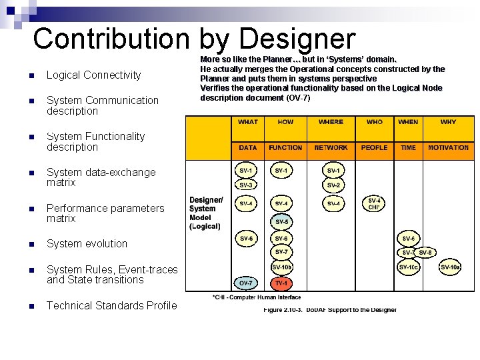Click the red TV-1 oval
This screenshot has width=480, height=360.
pos(281,283)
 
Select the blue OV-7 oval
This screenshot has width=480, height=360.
pos(246,283)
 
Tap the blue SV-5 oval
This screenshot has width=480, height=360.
pos(281,221)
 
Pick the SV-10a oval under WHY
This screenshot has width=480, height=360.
pos(450,267)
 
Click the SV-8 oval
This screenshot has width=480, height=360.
pos(426,252)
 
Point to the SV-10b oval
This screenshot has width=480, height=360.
pos(281,267)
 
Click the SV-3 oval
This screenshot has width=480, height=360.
pos(246,185)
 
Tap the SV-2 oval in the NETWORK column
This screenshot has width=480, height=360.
pos(333,185)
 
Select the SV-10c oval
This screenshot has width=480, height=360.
pos(408,267)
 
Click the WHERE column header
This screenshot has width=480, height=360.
pos(331,122)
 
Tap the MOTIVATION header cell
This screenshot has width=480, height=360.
pos(448,147)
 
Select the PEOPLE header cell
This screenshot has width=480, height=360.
pos(374,147)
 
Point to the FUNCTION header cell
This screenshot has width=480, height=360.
pos(285,147)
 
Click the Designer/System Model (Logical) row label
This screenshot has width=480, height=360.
pos(205,213)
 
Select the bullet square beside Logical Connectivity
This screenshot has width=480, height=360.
pos(31,75)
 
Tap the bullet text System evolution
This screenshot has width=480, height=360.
pos(87,244)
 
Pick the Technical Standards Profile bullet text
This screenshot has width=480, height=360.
pos(112,306)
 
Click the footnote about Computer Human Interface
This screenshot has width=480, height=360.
pos(256,297)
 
